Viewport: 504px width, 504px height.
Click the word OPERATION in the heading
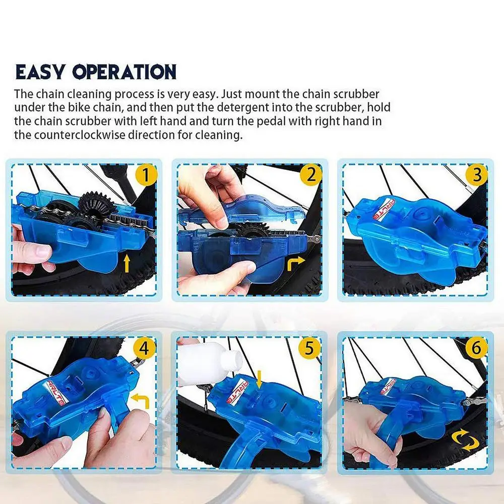[124, 72]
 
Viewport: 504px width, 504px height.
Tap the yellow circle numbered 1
[146, 175]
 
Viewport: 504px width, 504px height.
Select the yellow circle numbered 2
[311, 175]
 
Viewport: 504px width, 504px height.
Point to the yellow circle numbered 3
[477, 175]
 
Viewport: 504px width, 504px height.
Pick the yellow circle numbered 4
[145, 348]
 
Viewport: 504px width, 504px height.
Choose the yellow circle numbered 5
[309, 348]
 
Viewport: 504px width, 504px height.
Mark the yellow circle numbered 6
[476, 348]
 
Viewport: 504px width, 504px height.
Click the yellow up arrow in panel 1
[127, 264]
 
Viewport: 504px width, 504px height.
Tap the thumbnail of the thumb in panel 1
[42, 250]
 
